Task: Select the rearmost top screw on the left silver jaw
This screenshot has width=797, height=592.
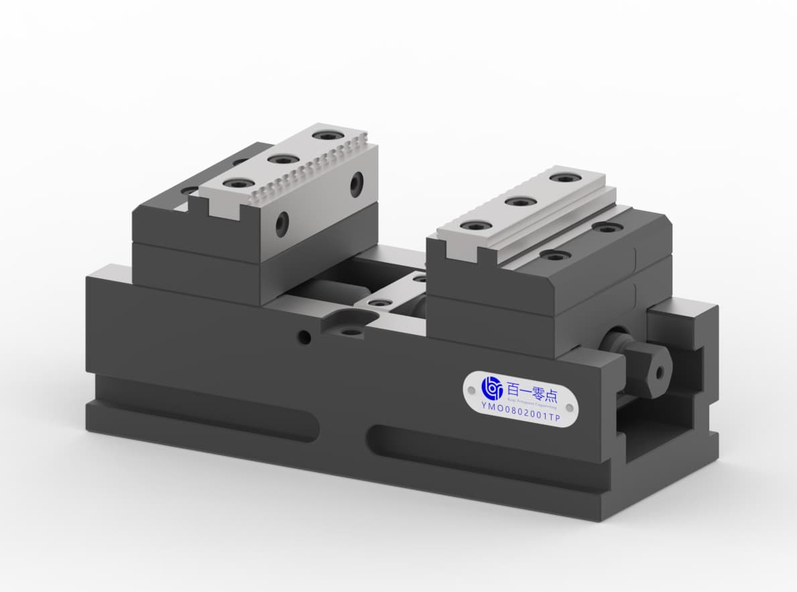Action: point(326,135)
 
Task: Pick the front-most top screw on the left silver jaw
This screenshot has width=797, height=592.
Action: point(235,184)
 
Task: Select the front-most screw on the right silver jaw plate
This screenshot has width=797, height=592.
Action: point(473,226)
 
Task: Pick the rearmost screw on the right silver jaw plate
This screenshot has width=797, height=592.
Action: point(564,178)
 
